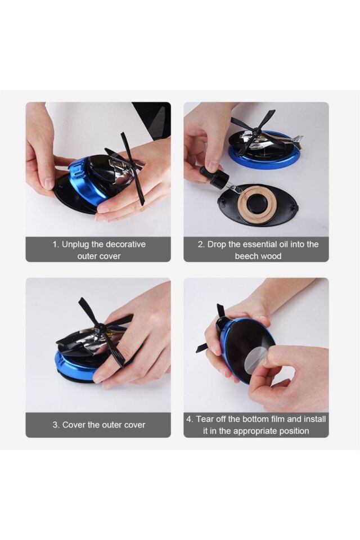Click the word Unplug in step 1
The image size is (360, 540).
pos(75,245)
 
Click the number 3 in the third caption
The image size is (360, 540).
pos(55,425)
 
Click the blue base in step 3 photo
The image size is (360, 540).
pos(74,364)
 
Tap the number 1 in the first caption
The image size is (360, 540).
pos(55,245)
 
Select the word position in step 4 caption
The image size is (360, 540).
pos(295,431)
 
